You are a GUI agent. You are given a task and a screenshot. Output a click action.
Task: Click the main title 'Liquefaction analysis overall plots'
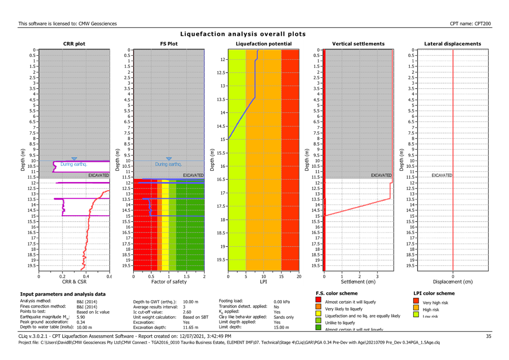pyautogui.click(x=243, y=34)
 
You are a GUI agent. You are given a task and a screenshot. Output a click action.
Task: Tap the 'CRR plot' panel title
pyautogui.click(x=74, y=44)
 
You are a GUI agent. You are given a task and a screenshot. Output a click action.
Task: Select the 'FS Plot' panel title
pyautogui.click(x=169, y=44)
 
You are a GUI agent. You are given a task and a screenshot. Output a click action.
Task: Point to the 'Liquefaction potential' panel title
pyautogui.click(x=263, y=44)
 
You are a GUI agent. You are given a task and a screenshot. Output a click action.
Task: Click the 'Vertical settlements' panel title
pyautogui.click(x=358, y=44)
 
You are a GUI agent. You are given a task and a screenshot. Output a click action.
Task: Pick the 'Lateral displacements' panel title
pyautogui.click(x=453, y=44)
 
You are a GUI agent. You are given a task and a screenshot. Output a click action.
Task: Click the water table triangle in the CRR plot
pyautogui.click(x=74, y=159)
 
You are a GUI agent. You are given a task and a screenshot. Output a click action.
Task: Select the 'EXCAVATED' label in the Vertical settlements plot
pyautogui.click(x=381, y=175)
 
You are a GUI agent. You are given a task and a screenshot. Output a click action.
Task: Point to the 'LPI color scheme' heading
pyautogui.click(x=434, y=293)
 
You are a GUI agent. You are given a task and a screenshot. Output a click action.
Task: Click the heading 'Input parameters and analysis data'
pyautogui.click(x=63, y=294)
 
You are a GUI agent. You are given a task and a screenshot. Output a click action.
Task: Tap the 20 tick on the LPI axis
pyautogui.click(x=298, y=276)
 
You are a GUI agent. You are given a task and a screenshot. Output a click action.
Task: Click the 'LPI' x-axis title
pyautogui.click(x=263, y=281)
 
